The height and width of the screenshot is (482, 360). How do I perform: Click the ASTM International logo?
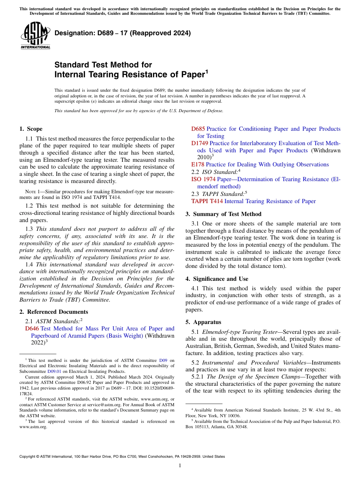coord(35,35)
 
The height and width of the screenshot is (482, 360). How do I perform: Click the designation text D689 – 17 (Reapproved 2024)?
coord(122,33)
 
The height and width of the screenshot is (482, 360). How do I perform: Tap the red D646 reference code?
coord(32,329)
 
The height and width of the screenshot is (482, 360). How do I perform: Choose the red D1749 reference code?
coord(199,143)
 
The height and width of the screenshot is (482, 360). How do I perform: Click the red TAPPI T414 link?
coord(207,201)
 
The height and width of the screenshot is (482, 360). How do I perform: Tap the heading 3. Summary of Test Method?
coord(223,214)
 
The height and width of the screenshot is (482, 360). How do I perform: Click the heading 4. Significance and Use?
coord(217,279)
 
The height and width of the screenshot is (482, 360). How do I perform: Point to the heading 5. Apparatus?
coord(203,322)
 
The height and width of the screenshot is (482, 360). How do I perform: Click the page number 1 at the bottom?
coord(180,465)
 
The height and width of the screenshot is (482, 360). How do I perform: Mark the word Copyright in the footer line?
coord(28,457)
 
